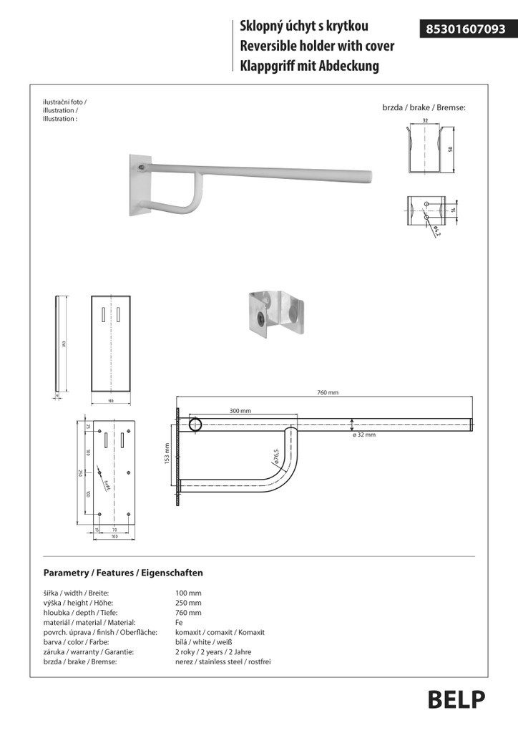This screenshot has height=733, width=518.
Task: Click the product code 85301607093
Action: pos(466,29)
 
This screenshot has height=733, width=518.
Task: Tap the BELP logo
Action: pos(456,699)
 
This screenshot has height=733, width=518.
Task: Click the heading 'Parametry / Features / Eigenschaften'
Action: pos(123,573)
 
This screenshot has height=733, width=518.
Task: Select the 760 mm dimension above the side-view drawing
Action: pos(327,392)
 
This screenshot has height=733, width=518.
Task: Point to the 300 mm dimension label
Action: pos(240,411)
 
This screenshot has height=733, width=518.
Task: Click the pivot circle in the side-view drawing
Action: pos(195,425)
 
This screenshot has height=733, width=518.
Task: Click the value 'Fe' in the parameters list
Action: pos(179,623)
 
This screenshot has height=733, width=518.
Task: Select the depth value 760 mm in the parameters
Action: pos(188,613)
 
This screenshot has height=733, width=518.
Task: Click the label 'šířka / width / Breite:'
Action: pos(76,593)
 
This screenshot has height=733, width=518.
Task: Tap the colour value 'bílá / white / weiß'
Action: pos(204,642)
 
